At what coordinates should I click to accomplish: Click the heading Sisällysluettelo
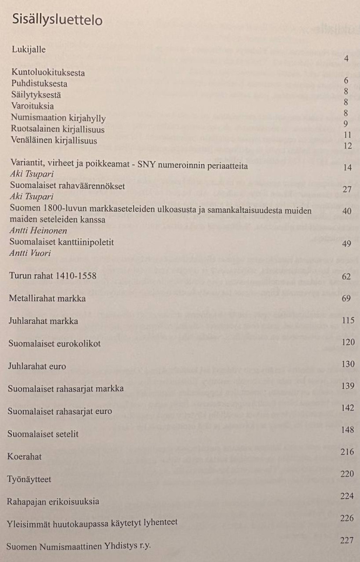(x=57, y=20)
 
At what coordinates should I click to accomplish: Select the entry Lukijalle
(x=29, y=49)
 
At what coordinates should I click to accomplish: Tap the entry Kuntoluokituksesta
(x=48, y=72)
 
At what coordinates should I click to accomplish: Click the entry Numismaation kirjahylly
(x=58, y=118)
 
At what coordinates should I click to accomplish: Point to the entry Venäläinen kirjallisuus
(x=54, y=140)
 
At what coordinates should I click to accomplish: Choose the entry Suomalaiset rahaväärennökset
(x=67, y=185)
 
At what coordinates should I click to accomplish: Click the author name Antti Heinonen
(x=37, y=231)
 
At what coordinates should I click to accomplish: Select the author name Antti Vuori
(x=29, y=253)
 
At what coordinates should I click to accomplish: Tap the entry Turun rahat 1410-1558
(x=52, y=275)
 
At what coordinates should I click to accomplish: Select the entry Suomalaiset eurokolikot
(x=54, y=343)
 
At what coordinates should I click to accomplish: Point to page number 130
(x=347, y=364)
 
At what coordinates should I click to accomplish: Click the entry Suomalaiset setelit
(x=43, y=433)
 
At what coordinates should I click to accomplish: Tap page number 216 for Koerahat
(x=347, y=451)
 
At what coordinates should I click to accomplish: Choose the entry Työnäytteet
(x=29, y=479)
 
